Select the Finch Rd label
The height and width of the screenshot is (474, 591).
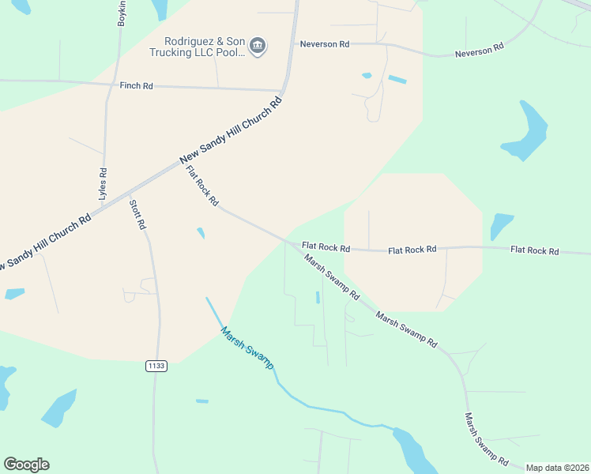(x=136, y=85)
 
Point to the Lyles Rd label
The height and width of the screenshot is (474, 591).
(x=102, y=182)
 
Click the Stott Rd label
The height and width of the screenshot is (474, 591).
(x=137, y=214)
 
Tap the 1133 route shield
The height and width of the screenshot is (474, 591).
(x=156, y=366)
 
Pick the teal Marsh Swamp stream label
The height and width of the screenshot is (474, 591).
(x=247, y=348)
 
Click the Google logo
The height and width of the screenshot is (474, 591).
(x=26, y=465)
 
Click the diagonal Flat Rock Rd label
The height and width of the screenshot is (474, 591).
(x=201, y=186)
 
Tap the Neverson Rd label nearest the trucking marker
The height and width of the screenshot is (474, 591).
(x=324, y=44)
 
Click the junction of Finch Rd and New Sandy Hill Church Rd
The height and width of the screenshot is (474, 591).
(x=284, y=89)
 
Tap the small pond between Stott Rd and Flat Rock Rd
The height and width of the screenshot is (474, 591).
(x=201, y=233)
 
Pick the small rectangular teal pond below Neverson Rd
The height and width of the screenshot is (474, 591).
(x=397, y=80)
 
